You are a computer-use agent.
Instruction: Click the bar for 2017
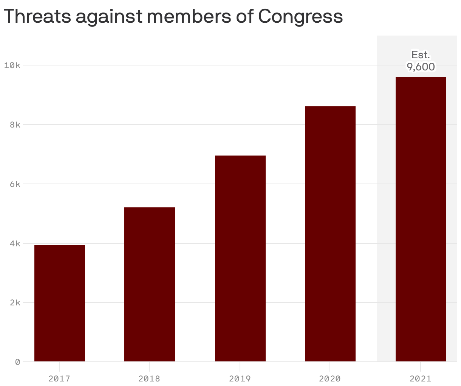(60, 303)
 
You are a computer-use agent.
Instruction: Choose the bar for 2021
(421, 219)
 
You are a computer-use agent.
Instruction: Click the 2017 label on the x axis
(60, 378)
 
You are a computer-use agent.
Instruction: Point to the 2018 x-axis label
(150, 378)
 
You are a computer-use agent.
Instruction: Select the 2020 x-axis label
(330, 378)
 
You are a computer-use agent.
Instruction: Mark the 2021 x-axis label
(421, 378)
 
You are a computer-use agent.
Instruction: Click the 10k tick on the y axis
(12, 65)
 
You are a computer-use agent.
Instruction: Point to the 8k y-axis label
(14, 125)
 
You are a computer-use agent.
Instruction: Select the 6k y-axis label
(14, 184)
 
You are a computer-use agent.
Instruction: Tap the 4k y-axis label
(14, 243)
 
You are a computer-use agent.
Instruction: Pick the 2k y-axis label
(14, 302)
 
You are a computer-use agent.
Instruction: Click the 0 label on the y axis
(17, 362)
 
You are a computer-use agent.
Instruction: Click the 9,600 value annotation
(421, 67)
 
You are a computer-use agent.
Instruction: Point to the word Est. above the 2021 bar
(421, 55)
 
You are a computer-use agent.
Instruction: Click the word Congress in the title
(300, 16)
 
